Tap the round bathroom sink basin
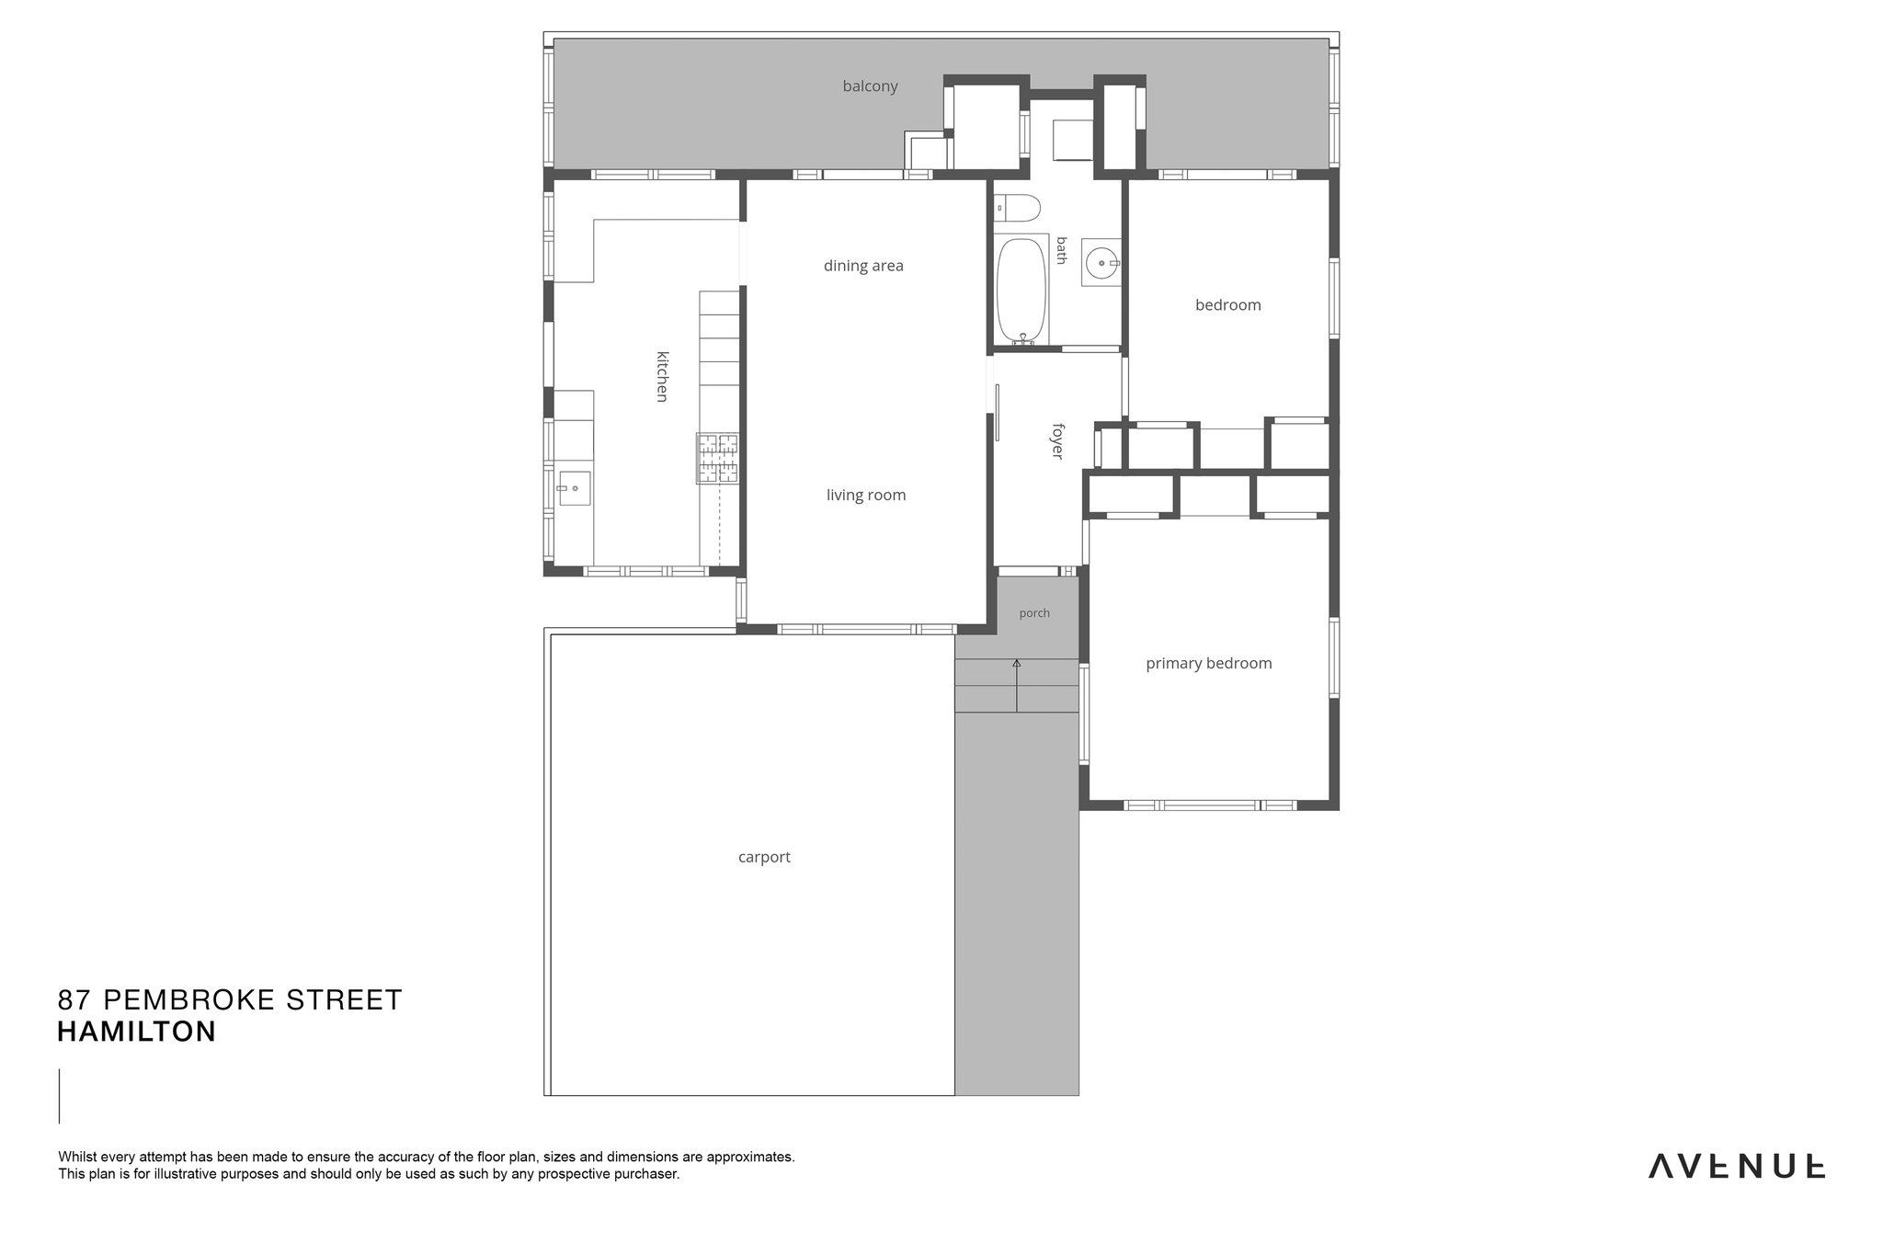[x=1101, y=263]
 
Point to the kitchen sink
[x=574, y=488]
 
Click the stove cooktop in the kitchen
[x=717, y=459]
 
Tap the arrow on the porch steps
[x=1016, y=685]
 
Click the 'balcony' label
[x=870, y=86]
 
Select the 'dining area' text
[x=863, y=266]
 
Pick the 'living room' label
[x=866, y=495]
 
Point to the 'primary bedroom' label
[x=1208, y=664]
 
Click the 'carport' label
[x=764, y=857]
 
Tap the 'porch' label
[x=1034, y=613]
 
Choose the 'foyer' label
[x=1057, y=441]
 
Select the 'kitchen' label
[x=662, y=376]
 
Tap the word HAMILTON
[x=137, y=1032]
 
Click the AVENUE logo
[x=1737, y=1166]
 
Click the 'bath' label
[x=1062, y=250]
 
